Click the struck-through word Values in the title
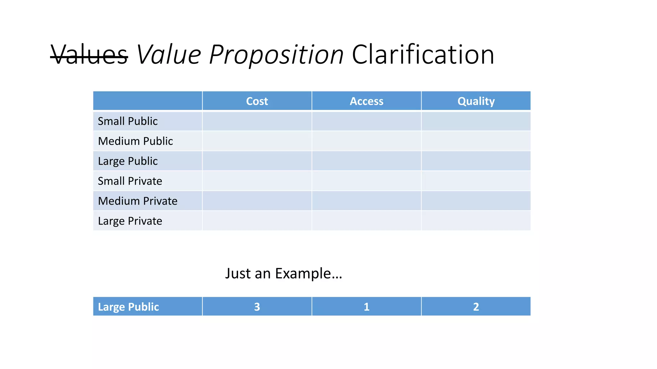(x=89, y=55)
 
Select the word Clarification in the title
(x=423, y=55)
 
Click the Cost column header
(x=257, y=101)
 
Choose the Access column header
(x=366, y=101)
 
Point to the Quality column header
(x=476, y=101)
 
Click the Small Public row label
(x=128, y=121)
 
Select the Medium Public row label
(x=135, y=141)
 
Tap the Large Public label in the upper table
(x=128, y=161)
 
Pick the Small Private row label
(x=130, y=181)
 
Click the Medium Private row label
(x=138, y=201)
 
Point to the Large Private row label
(x=130, y=221)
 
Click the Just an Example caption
(x=284, y=274)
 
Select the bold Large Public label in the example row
(x=128, y=307)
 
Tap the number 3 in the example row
(x=257, y=307)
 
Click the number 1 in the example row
(x=366, y=307)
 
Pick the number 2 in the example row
(x=476, y=307)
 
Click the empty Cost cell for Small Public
(x=257, y=121)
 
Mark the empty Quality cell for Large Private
(x=476, y=221)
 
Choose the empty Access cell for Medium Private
(x=366, y=201)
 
